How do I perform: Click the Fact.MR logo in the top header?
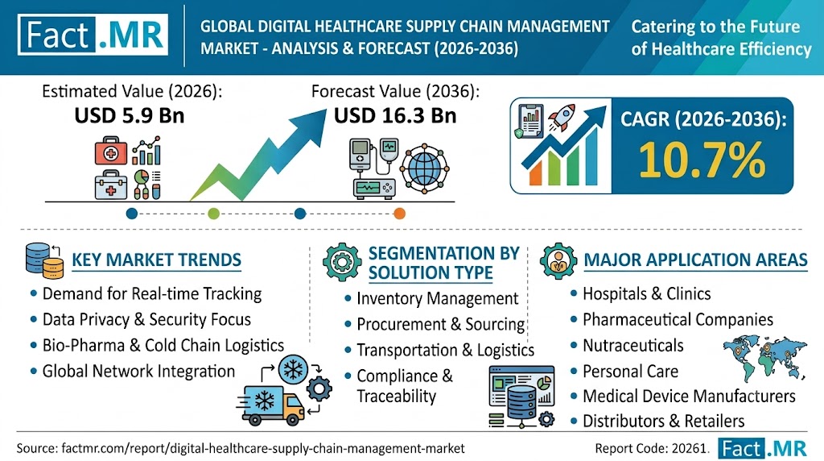[93, 35]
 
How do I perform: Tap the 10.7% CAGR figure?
[702, 160]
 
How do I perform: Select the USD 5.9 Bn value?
[130, 116]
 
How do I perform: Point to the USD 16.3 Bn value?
[395, 116]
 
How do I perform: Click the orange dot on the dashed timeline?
[399, 214]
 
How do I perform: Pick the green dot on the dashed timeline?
[213, 214]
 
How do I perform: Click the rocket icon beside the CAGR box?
[561, 118]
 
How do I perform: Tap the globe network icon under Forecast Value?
[424, 168]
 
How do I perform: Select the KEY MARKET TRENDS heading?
[157, 260]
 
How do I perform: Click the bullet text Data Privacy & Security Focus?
[146, 319]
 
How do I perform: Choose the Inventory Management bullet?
[437, 298]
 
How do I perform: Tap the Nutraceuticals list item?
[633, 345]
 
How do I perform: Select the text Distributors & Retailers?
[664, 421]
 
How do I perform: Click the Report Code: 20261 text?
[651, 448]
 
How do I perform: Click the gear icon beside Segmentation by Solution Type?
[342, 262]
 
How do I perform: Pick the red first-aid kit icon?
[111, 151]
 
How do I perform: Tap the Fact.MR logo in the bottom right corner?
[763, 448]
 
